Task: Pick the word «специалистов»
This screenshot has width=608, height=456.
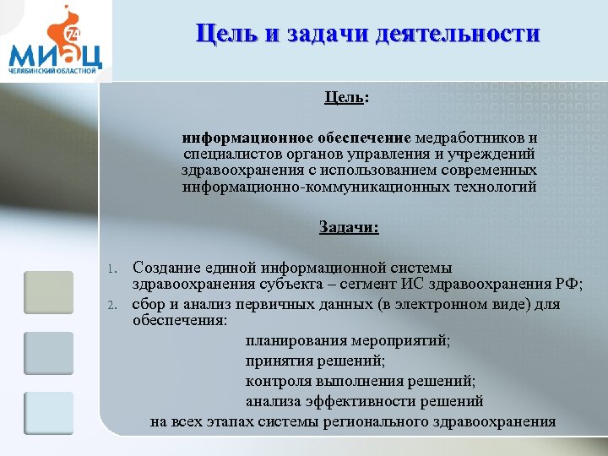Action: point(224,154)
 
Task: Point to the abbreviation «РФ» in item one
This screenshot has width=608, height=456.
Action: point(568,284)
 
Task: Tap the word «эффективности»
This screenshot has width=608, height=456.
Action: point(352,401)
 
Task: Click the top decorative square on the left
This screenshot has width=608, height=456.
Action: point(48,293)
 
